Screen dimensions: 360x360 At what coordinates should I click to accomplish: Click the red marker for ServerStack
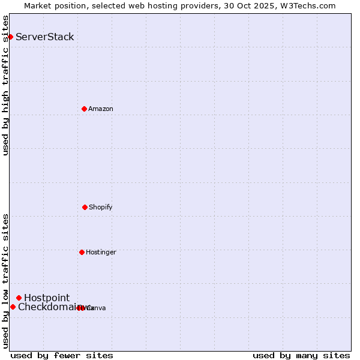pos(10,37)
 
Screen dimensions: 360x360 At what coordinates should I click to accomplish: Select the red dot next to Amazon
pos(84,109)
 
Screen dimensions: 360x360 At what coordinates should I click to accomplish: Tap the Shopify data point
pos(85,207)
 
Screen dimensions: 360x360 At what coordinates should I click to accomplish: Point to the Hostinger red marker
pos(82,252)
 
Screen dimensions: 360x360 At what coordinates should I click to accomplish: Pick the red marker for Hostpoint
pos(19,298)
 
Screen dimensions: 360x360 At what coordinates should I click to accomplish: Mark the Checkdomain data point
pos(13,307)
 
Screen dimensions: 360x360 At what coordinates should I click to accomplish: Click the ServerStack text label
pos(45,37)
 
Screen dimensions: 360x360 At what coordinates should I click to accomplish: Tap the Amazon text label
pos(101,109)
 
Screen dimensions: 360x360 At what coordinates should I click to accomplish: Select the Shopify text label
pos(101,207)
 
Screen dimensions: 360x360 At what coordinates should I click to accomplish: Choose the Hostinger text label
pos(101,252)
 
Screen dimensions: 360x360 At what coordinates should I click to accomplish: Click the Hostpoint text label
pos(47,298)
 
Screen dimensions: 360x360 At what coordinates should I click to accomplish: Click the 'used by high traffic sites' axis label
pos(6,85)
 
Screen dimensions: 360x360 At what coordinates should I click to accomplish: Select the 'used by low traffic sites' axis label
pos(6,281)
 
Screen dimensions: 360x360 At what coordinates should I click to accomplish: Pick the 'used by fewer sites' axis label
pos(62,355)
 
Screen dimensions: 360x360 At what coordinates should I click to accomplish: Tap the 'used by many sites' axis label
pos(301,355)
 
